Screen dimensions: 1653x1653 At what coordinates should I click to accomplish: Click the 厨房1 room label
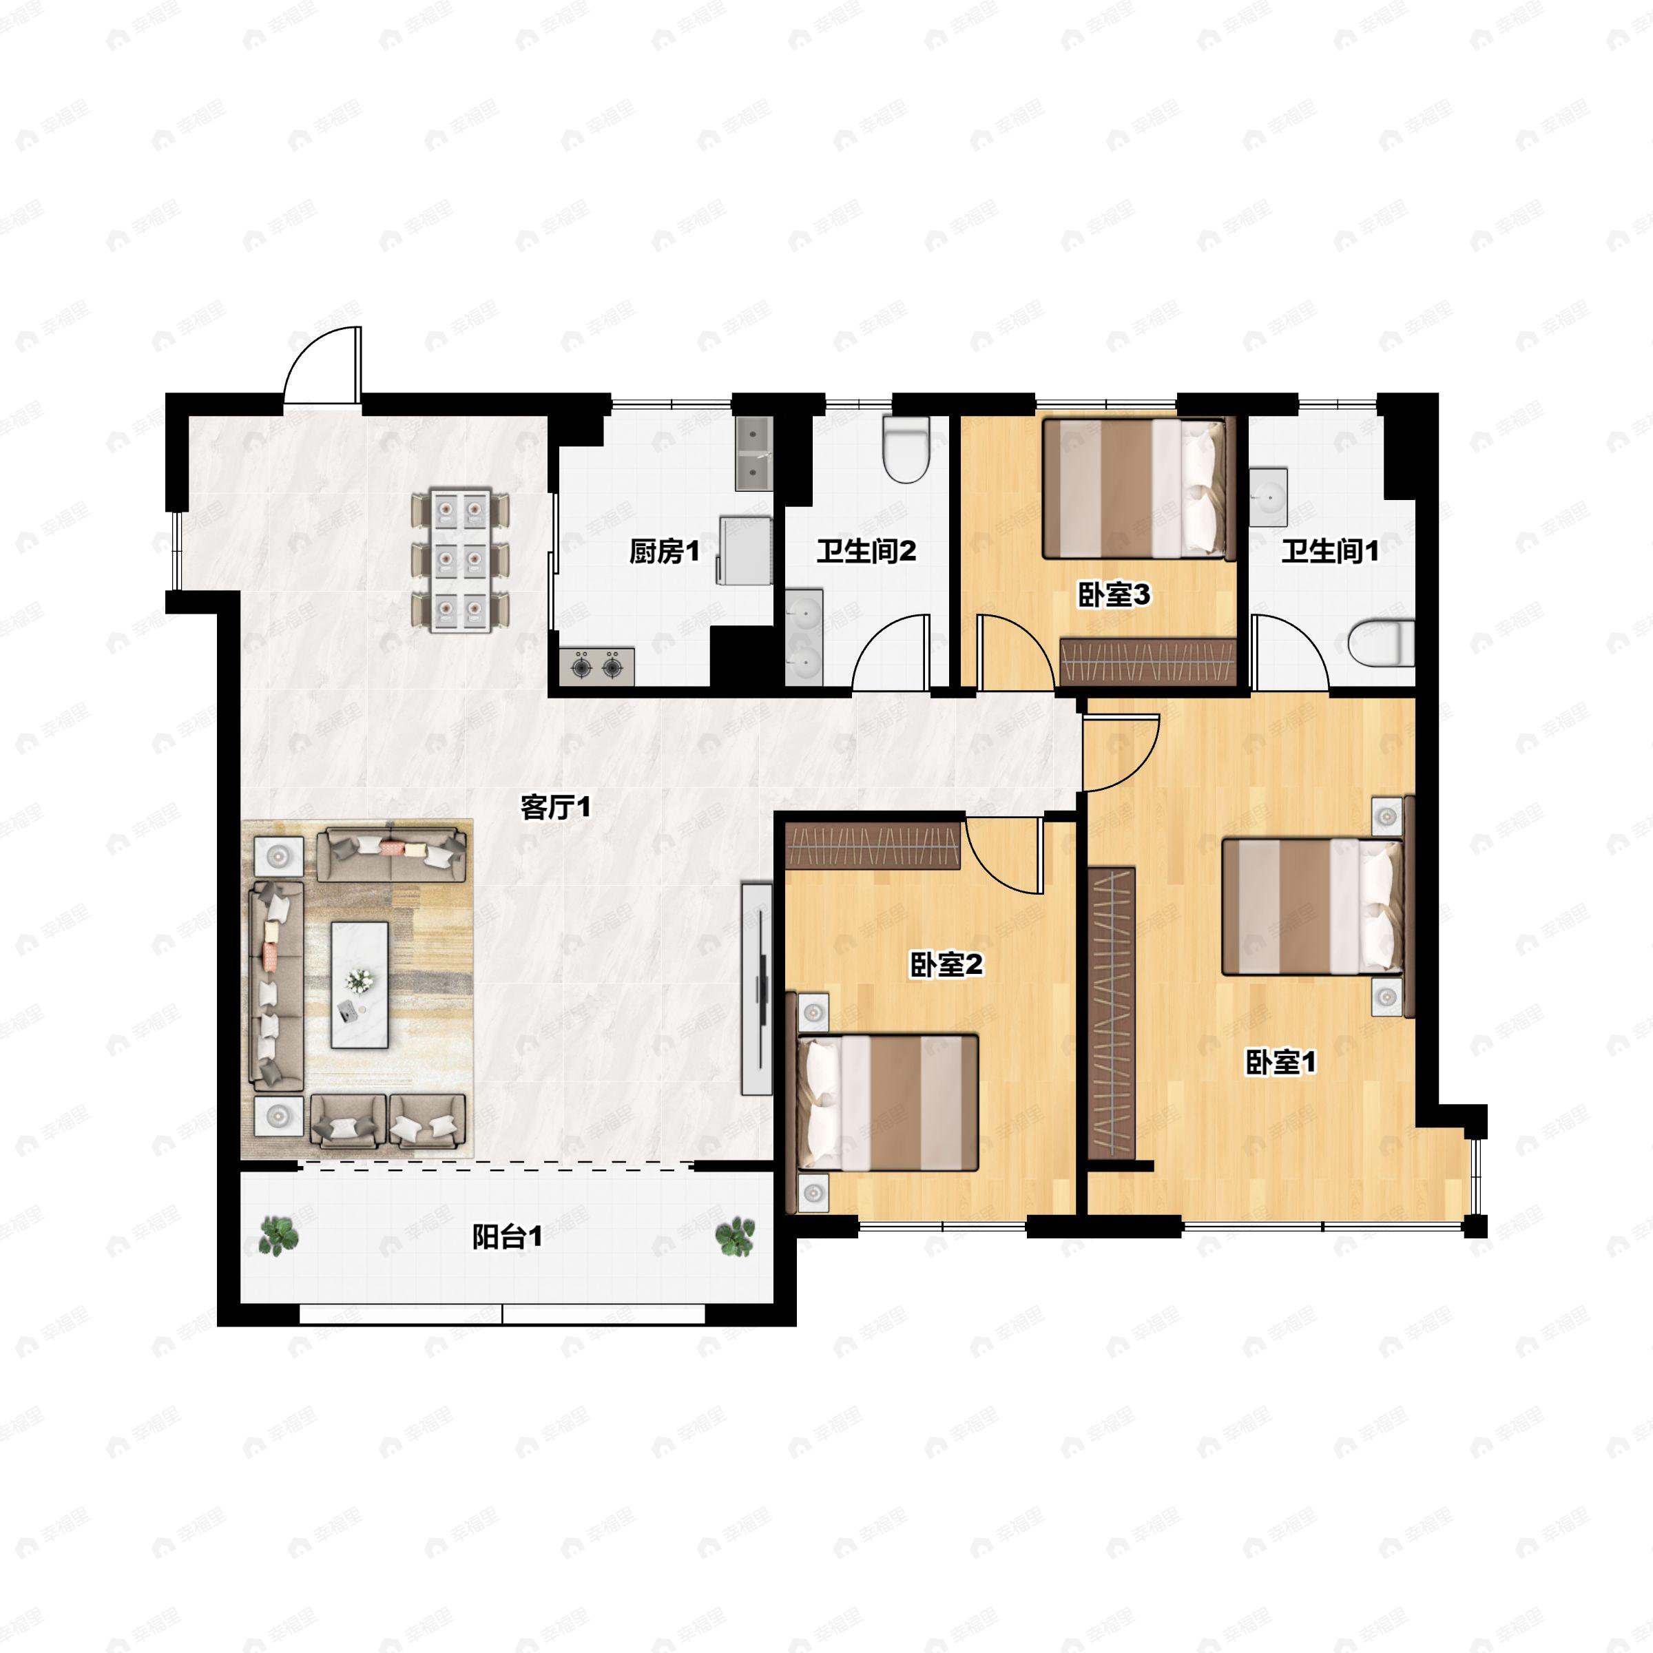pyautogui.click(x=664, y=552)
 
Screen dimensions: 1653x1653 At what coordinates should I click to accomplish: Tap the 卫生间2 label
pyautogui.click(x=866, y=552)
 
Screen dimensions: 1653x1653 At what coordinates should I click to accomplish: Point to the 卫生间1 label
pyautogui.click(x=1329, y=552)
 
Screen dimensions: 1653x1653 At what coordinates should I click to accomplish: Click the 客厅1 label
pyautogui.click(x=556, y=807)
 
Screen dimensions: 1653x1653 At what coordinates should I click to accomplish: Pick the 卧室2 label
pyautogui.click(x=946, y=965)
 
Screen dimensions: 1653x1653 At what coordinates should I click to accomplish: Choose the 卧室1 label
pyautogui.click(x=1280, y=1063)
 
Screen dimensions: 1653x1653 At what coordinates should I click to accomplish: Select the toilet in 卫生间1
pyautogui.click(x=1381, y=643)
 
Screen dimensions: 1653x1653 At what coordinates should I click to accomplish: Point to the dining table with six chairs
pyautogui.click(x=460, y=561)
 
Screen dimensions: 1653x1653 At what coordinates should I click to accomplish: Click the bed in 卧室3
pyautogui.click(x=1139, y=488)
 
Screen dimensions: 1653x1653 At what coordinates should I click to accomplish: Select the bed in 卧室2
pyautogui.click(x=887, y=1103)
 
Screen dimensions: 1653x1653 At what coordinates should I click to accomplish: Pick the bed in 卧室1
pyautogui.click(x=1313, y=907)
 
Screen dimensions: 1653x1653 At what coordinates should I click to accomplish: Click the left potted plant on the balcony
pyautogui.click(x=279, y=1236)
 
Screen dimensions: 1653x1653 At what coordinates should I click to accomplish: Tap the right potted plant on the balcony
pyautogui.click(x=735, y=1237)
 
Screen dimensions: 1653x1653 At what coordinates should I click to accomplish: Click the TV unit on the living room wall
pyautogui.click(x=757, y=988)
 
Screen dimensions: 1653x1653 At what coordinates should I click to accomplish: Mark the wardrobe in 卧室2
pyautogui.click(x=873, y=845)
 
